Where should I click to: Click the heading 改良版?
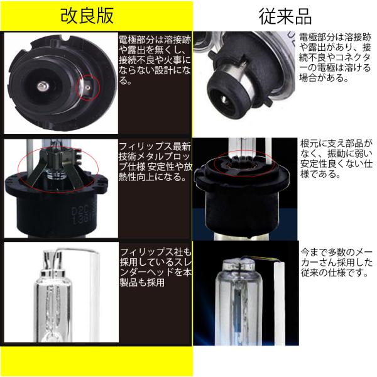[x=87, y=16]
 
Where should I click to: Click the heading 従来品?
[x=285, y=17]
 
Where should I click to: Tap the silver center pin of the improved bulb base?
[x=43, y=86]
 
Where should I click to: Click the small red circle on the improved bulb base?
[x=87, y=87]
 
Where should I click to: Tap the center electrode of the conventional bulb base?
[x=226, y=99]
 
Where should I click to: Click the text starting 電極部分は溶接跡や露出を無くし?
[x=155, y=60]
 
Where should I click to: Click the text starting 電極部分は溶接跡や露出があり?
[x=335, y=57]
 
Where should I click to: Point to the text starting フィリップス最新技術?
[x=155, y=161]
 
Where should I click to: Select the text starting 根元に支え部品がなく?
[x=336, y=159]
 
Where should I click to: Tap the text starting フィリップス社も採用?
[x=156, y=267]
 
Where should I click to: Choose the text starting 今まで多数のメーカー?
[x=337, y=263]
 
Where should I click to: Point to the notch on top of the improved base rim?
[x=65, y=38]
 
